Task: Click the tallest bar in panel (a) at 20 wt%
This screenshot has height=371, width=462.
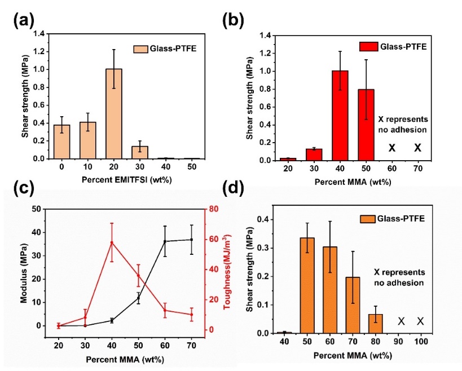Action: [x=113, y=113]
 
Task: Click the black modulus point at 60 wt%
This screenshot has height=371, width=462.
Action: [x=165, y=241]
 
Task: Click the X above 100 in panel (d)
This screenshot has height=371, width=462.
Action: [x=420, y=321]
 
